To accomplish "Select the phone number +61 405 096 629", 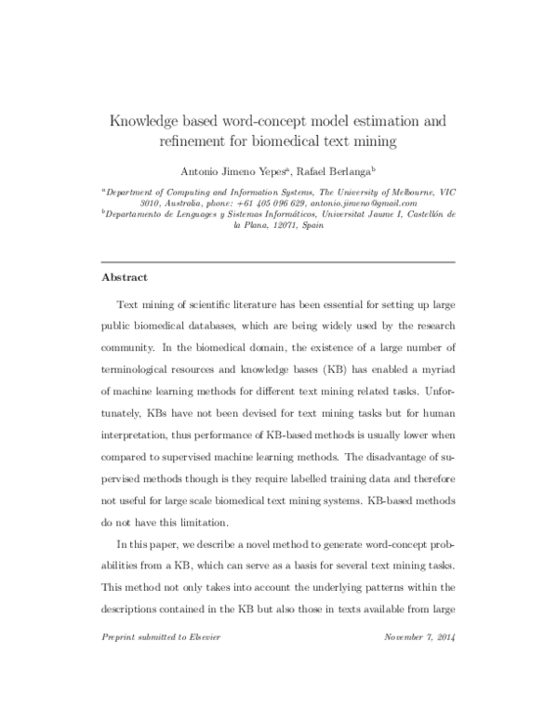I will (249, 203).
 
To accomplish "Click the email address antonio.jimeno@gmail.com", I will (351, 203).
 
